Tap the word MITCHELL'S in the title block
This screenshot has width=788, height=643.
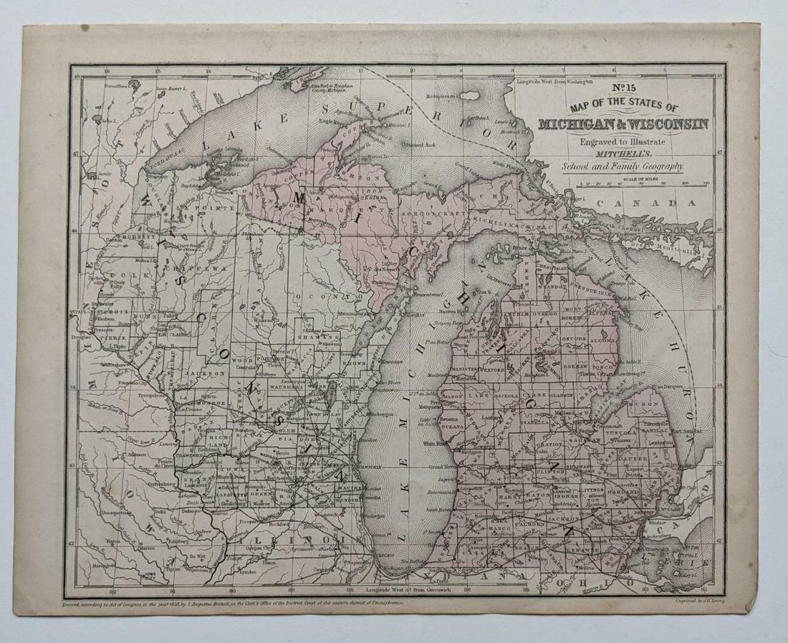coord(621,153)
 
